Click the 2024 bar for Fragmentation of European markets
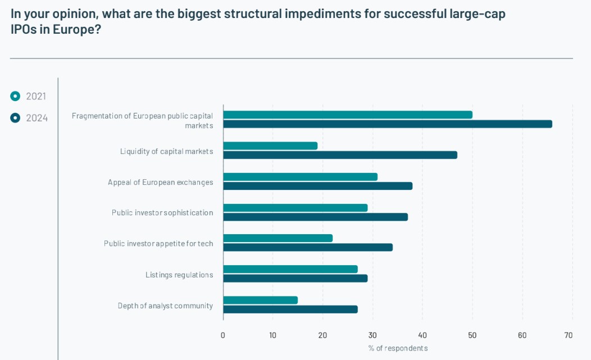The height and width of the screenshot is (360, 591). [x=388, y=124]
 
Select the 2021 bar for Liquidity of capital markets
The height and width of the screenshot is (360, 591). [x=270, y=146]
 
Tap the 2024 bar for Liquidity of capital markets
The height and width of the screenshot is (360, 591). [x=340, y=155]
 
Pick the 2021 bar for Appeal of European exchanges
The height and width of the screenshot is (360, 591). [x=300, y=177]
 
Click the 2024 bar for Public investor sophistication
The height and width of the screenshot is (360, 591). [x=315, y=217]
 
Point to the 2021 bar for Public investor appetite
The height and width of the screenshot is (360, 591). [x=278, y=238]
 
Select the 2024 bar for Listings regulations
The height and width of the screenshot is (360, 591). [x=295, y=279]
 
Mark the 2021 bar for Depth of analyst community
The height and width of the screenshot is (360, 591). [x=260, y=300]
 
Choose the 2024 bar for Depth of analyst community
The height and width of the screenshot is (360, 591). [x=290, y=309]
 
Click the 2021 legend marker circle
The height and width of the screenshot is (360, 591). [x=15, y=96]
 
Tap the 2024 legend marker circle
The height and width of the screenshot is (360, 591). [x=15, y=118]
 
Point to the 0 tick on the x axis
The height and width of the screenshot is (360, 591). [x=223, y=335]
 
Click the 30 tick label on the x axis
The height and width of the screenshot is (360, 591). [x=372, y=335]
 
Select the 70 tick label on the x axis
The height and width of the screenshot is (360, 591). [x=569, y=335]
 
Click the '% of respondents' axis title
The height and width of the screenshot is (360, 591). [x=398, y=348]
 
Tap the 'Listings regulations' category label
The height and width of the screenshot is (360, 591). [x=179, y=275]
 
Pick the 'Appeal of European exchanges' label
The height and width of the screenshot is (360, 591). [x=160, y=182]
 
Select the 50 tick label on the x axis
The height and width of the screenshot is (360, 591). [x=472, y=335]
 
